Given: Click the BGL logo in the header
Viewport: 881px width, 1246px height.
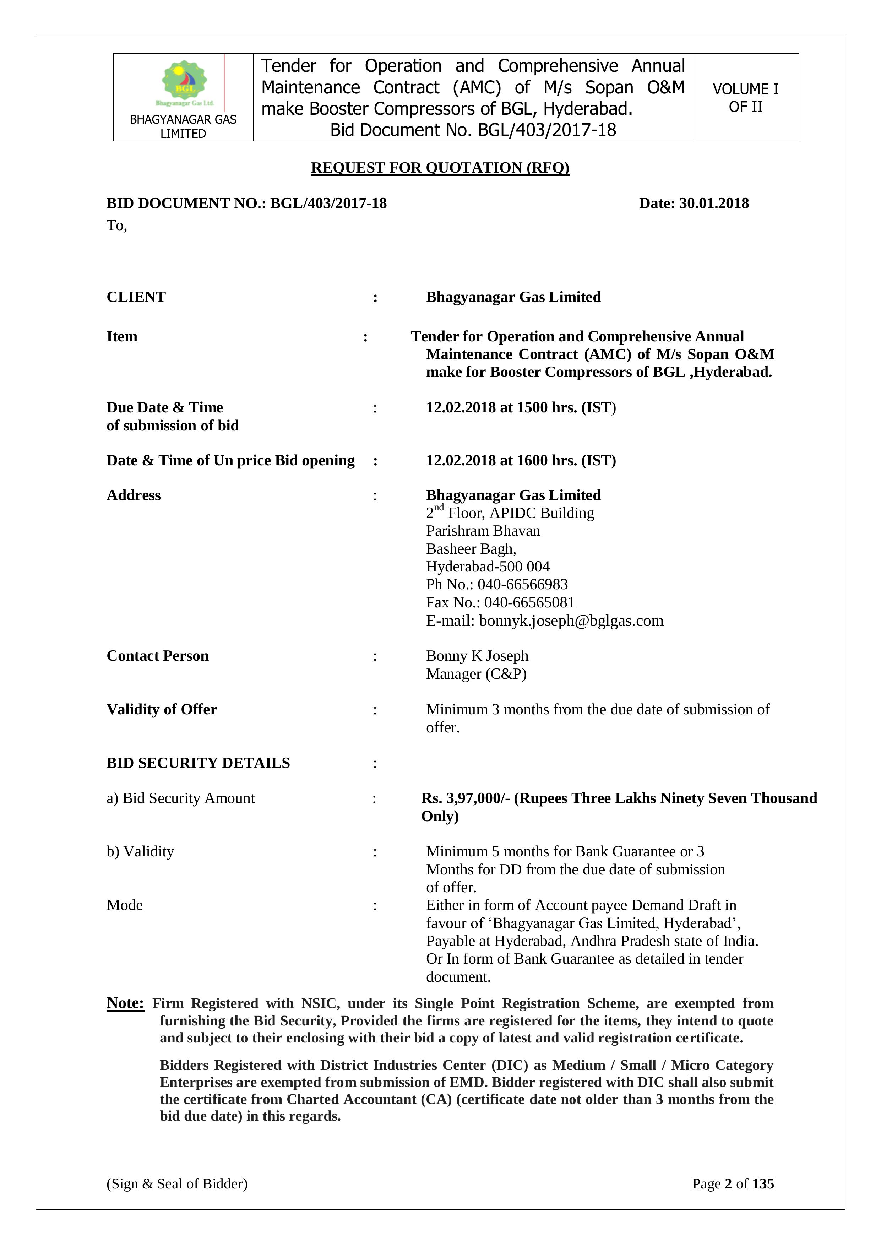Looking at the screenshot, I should [184, 83].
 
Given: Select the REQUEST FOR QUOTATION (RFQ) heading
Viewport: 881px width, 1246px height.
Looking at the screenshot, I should [440, 168].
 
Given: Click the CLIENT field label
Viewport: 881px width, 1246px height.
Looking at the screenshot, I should [136, 297].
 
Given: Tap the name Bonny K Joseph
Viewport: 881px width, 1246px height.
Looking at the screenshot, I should [477, 656].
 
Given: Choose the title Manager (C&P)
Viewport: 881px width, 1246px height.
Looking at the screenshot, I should [476, 674].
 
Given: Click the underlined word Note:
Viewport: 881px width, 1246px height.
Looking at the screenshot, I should [125, 1003].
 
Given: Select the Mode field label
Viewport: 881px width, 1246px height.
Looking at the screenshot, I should [125, 905].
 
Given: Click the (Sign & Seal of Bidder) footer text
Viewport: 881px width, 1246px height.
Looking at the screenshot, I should [177, 1183].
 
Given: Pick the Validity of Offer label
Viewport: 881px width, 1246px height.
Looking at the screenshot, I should [162, 709].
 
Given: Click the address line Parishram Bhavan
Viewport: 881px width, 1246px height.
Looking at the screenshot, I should [483, 531].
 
